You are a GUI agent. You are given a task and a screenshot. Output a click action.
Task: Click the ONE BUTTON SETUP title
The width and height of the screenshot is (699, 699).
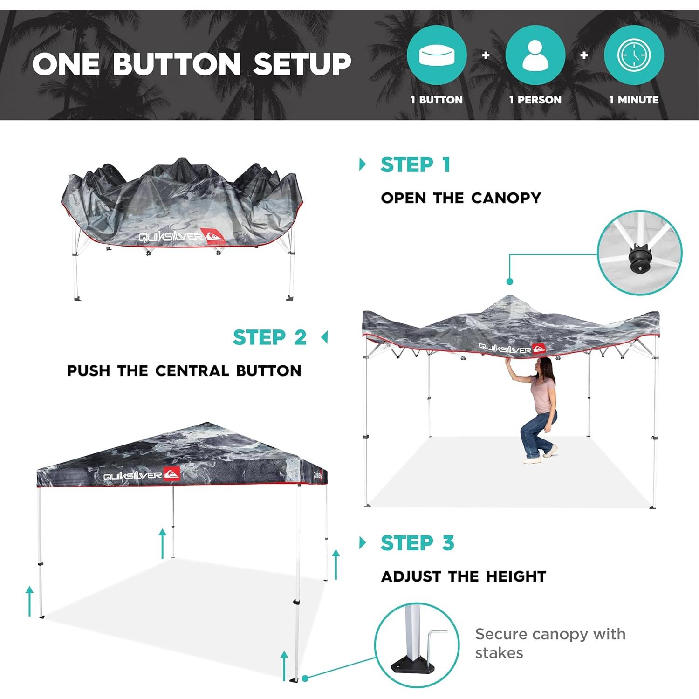(192, 64)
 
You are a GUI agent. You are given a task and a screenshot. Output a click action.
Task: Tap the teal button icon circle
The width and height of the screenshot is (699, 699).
(437, 55)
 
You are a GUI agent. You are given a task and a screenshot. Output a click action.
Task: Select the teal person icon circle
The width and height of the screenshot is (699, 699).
(535, 55)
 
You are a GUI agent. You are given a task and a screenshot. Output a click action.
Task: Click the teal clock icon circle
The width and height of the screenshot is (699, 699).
(634, 55)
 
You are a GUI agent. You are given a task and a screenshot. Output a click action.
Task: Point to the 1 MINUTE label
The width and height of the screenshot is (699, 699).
(634, 100)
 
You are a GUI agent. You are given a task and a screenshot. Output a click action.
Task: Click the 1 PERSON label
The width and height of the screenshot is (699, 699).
(535, 100)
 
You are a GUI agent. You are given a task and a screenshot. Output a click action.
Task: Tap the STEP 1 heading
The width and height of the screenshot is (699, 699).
(415, 164)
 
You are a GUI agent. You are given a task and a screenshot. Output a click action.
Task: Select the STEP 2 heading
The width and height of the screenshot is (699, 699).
(269, 337)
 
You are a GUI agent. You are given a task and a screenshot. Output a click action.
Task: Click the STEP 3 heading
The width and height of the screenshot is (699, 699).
(417, 543)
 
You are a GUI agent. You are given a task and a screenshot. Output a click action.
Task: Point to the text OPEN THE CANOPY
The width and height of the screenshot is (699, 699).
(461, 198)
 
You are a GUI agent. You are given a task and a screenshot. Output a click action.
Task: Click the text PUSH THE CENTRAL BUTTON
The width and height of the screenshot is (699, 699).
(184, 371)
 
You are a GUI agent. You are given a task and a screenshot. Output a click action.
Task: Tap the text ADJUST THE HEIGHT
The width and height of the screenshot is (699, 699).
(463, 576)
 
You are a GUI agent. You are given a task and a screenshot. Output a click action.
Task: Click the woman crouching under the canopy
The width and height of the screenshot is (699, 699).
(538, 410)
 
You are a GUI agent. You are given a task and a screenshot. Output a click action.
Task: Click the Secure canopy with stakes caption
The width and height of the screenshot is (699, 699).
(550, 643)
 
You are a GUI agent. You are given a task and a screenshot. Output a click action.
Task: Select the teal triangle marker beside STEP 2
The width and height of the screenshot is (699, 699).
(325, 337)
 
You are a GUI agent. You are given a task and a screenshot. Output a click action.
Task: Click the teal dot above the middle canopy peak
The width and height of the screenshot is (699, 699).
(509, 281)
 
